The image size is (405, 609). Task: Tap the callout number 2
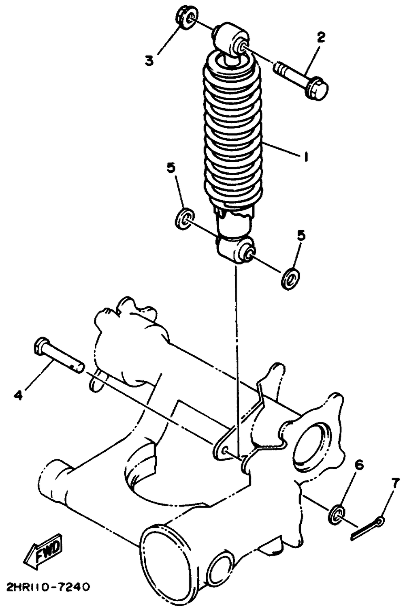tap(320, 38)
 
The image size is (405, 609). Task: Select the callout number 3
tap(149, 61)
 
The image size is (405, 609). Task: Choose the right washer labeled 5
tap(290, 279)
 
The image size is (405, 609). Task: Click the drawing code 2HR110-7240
tap(47, 587)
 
